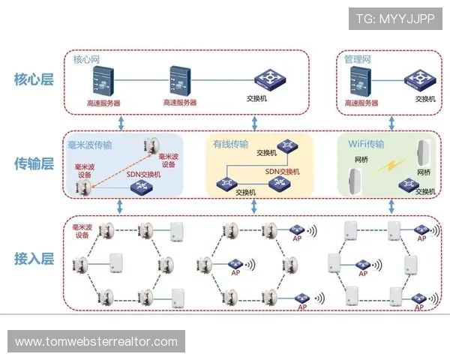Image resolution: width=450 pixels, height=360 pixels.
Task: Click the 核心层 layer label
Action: pyautogui.click(x=34, y=79)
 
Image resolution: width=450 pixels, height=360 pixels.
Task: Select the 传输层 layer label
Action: pyautogui.click(x=34, y=163)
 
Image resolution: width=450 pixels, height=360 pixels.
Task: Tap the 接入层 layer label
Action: pyautogui.click(x=34, y=259)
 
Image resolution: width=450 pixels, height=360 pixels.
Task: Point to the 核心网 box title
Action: pyautogui.click(x=85, y=59)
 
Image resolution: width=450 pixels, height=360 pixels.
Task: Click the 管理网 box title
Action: pyautogui.click(x=357, y=59)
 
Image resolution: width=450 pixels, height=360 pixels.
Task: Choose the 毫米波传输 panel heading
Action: pyautogui.click(x=90, y=144)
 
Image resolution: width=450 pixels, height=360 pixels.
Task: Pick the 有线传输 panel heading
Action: pyautogui.click(x=230, y=144)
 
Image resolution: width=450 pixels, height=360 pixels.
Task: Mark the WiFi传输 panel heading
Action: pyautogui.click(x=366, y=144)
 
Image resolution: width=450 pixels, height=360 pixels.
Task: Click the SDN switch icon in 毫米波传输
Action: pyautogui.click(x=140, y=187)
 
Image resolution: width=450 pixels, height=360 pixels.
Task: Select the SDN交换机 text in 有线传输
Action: pyautogui.click(x=282, y=172)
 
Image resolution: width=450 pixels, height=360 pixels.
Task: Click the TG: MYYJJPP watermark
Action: pyautogui.click(x=395, y=19)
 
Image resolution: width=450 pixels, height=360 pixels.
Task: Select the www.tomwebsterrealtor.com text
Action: pyautogui.click(x=96, y=342)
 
